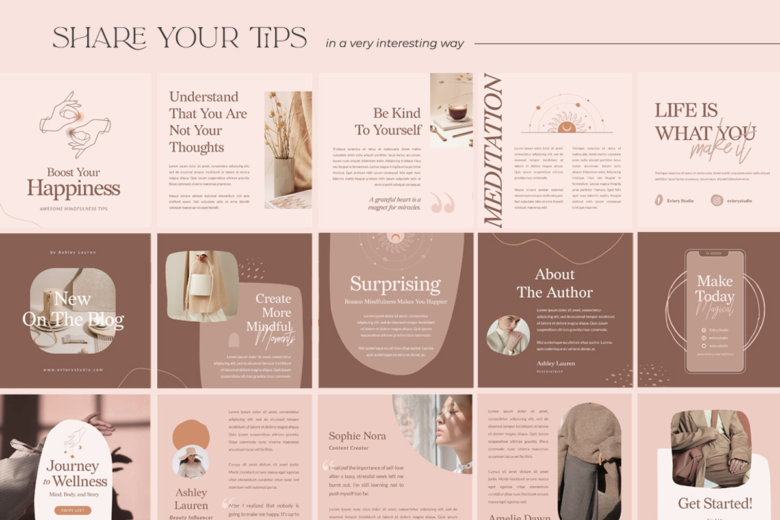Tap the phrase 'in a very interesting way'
[x=395, y=44]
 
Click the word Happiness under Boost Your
[x=73, y=189]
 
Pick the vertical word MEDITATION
[x=494, y=151]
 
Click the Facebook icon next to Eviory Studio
[x=658, y=201]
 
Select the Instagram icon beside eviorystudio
[x=717, y=201]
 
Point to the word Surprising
[x=395, y=284]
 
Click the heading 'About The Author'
[x=554, y=283]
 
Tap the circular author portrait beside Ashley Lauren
[x=508, y=335]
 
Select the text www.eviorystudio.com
[x=73, y=370]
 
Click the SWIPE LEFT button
[x=73, y=510]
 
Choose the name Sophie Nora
[x=357, y=436]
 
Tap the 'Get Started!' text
[x=715, y=504]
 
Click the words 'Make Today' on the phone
[x=715, y=289]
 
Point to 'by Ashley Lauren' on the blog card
[x=73, y=252]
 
